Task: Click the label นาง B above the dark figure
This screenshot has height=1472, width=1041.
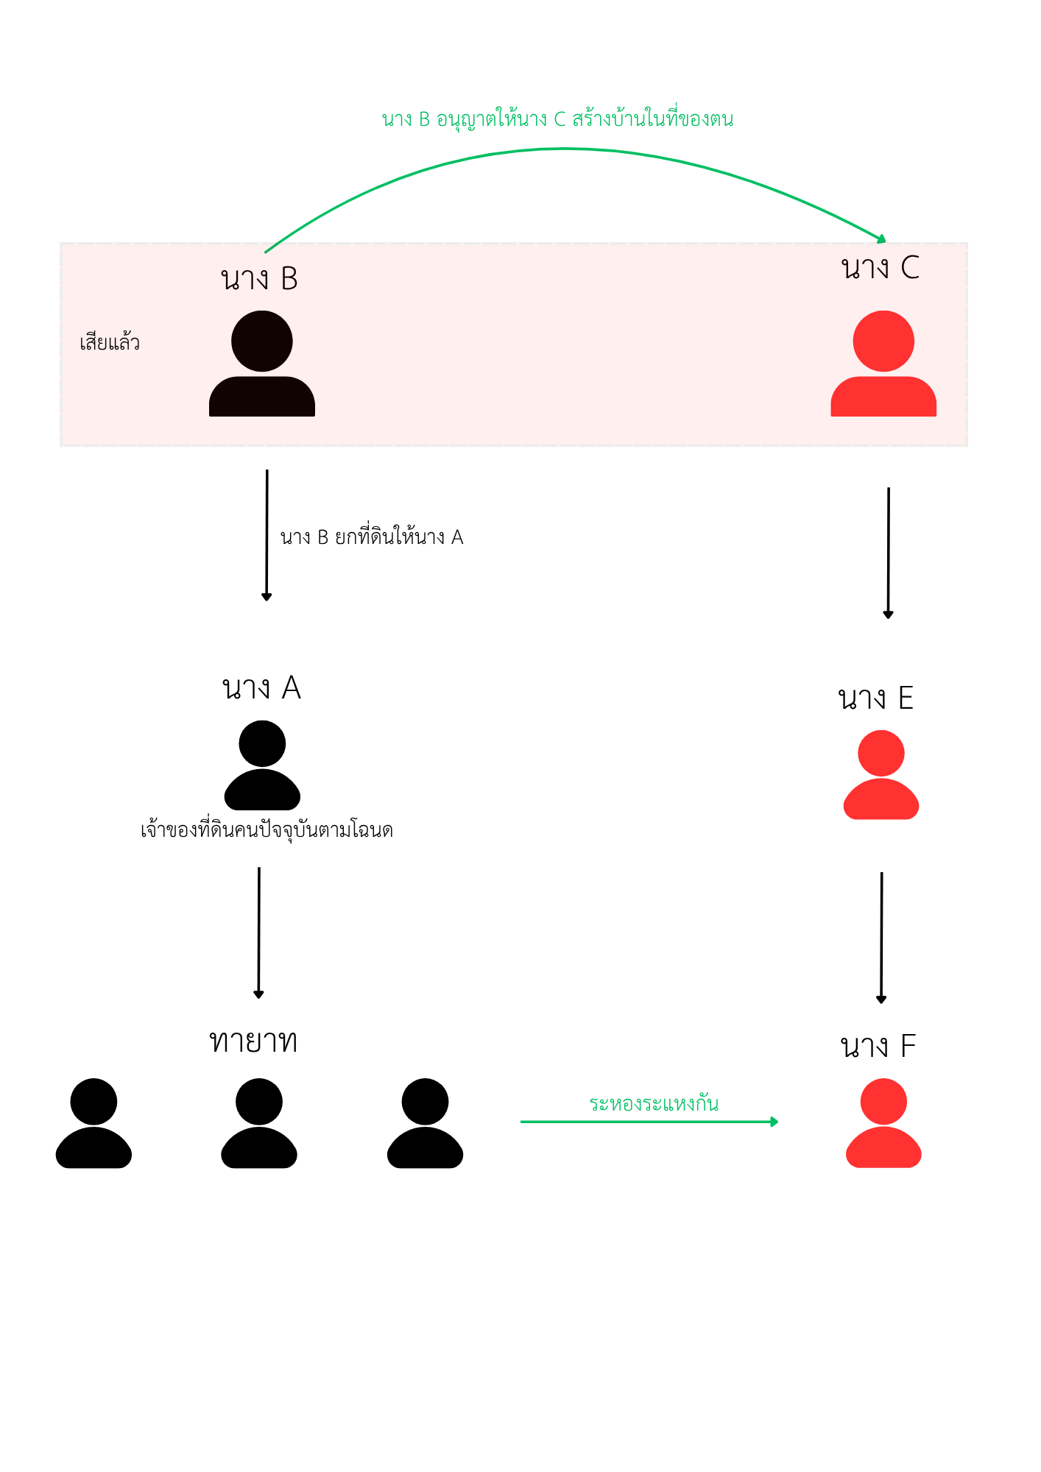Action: [x=259, y=279]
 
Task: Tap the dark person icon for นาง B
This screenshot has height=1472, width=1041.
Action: [x=262, y=364]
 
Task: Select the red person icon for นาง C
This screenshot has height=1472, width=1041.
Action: [x=883, y=364]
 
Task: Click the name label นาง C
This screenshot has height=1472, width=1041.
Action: [x=881, y=268]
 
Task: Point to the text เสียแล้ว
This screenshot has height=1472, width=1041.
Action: [x=110, y=342]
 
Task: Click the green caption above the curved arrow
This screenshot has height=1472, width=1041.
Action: [x=557, y=118]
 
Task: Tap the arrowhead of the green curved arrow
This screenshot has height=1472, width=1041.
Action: [x=881, y=238]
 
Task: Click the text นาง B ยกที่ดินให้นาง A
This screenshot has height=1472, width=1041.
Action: [x=372, y=537]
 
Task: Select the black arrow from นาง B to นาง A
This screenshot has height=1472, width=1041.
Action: [x=267, y=535]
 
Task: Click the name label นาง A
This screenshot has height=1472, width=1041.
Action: [x=261, y=688]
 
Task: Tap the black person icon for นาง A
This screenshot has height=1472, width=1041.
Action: [x=262, y=765]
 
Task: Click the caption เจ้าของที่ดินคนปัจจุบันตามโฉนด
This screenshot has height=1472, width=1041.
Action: [x=267, y=830]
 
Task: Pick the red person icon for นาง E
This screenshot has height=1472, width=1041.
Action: [x=881, y=774]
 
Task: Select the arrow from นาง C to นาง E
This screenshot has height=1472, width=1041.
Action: [x=889, y=553]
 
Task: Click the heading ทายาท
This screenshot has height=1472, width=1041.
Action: [x=253, y=1041]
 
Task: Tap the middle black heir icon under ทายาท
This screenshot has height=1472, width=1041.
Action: [x=259, y=1123]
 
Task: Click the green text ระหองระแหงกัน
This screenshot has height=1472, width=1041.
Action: [x=654, y=1103]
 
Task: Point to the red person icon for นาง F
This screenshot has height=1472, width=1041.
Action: [x=883, y=1123]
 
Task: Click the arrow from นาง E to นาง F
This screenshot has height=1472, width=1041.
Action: [x=881, y=938]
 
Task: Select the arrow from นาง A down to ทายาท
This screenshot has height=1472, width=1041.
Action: [x=258, y=933]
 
